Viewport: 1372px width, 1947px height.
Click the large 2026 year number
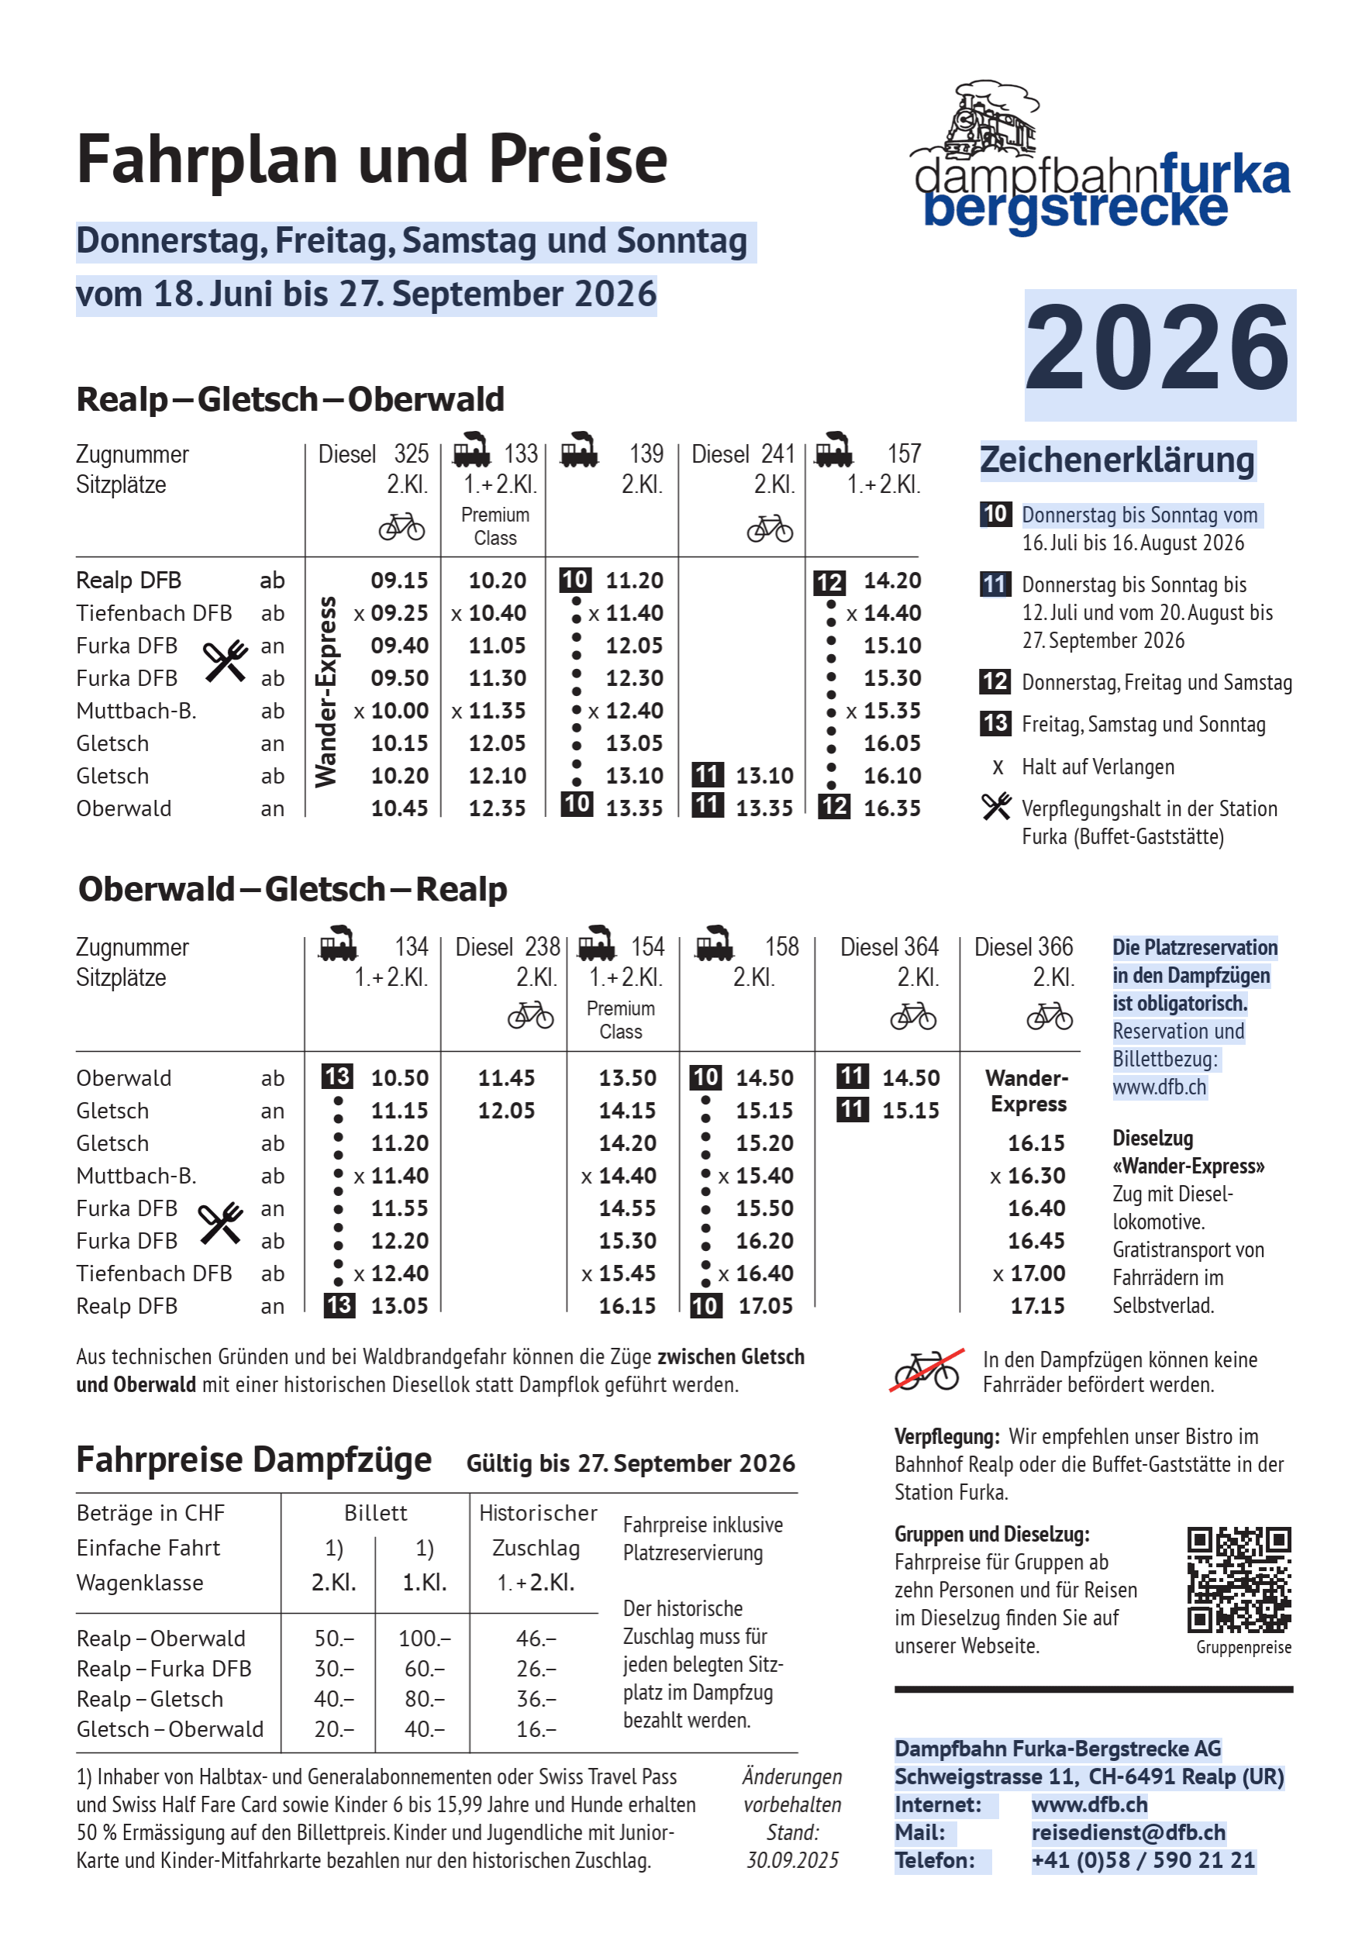pyautogui.click(x=1158, y=350)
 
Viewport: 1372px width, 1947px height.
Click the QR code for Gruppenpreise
pyautogui.click(x=1239, y=1579)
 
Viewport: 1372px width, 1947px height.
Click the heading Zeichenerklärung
pyautogui.click(x=1117, y=460)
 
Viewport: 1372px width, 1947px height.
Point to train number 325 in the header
pyautogui.click(x=412, y=454)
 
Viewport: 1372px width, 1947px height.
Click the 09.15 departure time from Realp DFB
pyautogui.click(x=399, y=581)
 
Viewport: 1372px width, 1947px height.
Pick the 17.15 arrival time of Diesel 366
pyautogui.click(x=1037, y=1306)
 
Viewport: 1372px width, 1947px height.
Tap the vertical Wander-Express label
pyautogui.click(x=326, y=692)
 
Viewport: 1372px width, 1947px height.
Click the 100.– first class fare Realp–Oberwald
pyautogui.click(x=424, y=1639)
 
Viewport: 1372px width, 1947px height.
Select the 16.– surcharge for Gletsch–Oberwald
pyautogui.click(x=536, y=1729)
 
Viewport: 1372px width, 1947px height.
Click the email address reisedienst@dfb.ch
pyautogui.click(x=1128, y=1832)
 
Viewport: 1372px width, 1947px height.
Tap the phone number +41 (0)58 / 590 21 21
pyautogui.click(x=1143, y=1860)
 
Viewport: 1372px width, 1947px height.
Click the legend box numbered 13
pyautogui.click(x=995, y=723)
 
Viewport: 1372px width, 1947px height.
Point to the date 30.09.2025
pyautogui.click(x=792, y=1860)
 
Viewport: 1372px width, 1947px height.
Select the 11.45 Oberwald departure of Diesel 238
pyautogui.click(x=506, y=1078)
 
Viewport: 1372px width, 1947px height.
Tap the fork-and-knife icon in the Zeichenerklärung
pyautogui.click(x=996, y=806)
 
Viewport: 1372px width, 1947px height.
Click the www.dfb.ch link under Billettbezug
pyautogui.click(x=1158, y=1087)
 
